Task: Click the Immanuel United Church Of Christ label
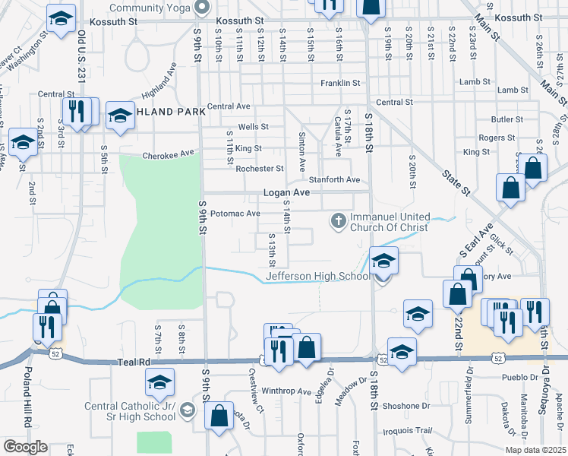[388, 221]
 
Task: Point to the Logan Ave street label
[286, 193]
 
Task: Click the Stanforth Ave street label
[335, 180]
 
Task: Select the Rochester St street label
[259, 169]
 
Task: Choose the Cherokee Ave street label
[169, 154]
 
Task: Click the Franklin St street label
[339, 83]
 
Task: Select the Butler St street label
[503, 119]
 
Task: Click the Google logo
[25, 447]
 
